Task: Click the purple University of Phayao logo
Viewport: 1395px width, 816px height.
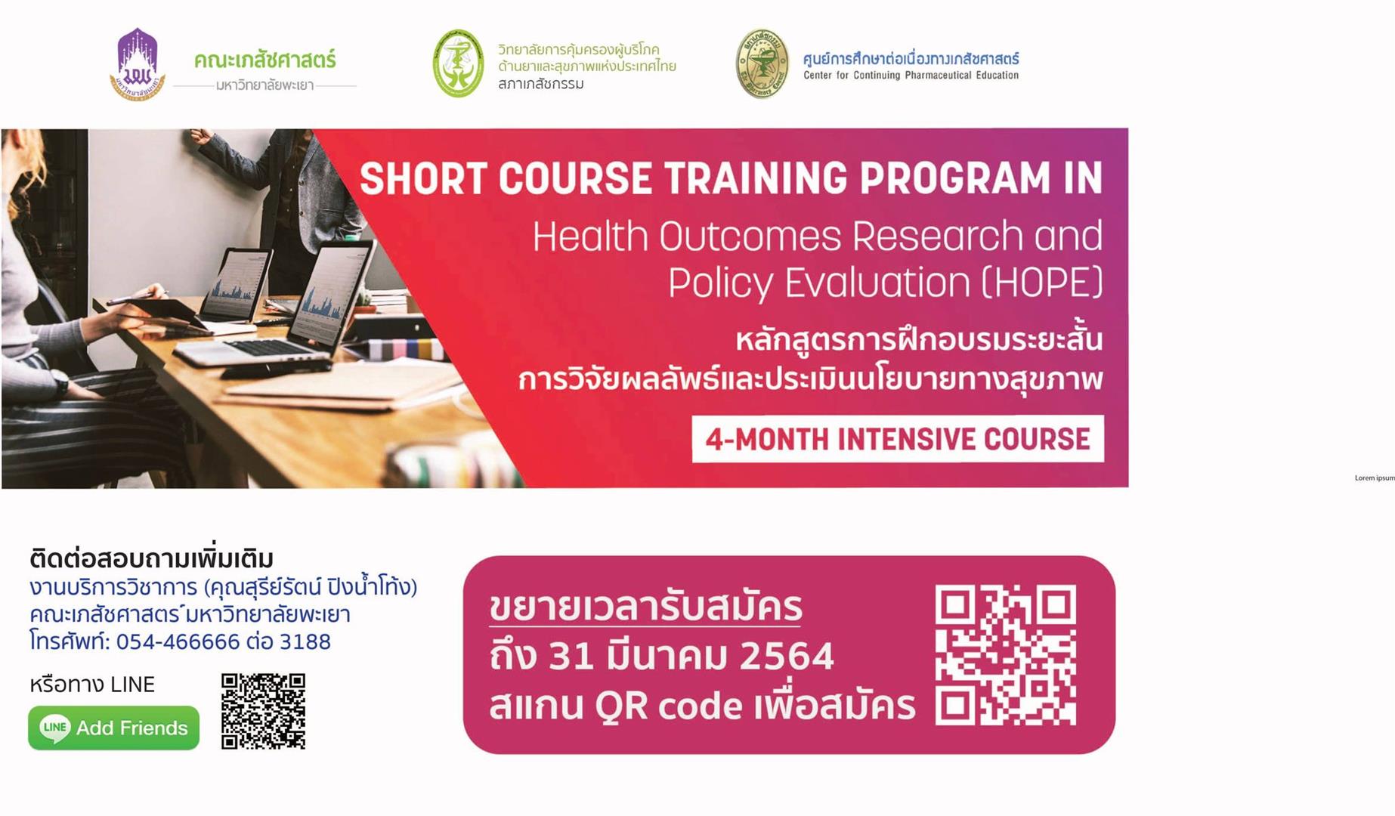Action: (x=137, y=64)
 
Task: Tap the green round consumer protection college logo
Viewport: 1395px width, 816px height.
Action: (x=458, y=63)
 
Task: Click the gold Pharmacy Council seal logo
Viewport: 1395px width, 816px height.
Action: (x=762, y=63)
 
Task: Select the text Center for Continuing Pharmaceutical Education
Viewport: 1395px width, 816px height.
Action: (x=911, y=76)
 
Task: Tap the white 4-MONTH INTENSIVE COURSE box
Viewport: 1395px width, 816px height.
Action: (x=898, y=439)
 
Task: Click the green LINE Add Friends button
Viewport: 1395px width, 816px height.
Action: (x=114, y=728)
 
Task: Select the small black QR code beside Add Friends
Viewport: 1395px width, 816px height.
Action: (x=263, y=711)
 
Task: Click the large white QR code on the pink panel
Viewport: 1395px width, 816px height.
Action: (x=1006, y=655)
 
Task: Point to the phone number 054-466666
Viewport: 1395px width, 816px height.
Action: (x=178, y=641)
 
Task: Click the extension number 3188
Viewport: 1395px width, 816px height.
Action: (x=305, y=641)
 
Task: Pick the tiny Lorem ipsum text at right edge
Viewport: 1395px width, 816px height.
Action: (x=1375, y=478)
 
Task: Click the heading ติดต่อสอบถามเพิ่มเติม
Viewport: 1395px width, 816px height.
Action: (x=151, y=558)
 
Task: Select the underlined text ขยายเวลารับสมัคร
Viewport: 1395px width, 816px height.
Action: (x=645, y=607)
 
